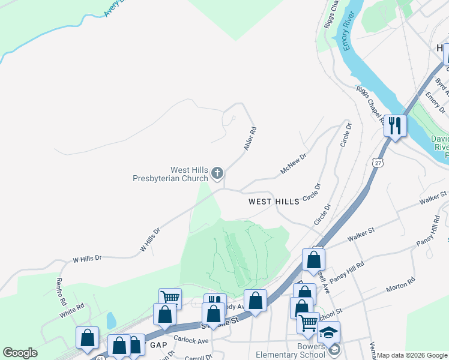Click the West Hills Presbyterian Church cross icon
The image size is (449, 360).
point(217,174)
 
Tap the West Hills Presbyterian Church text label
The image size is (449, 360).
point(170,174)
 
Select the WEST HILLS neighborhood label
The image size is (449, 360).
point(274,202)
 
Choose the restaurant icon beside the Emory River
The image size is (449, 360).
point(394,125)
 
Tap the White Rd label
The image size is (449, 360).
point(72,310)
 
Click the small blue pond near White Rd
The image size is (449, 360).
point(111,320)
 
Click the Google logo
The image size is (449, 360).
point(20,353)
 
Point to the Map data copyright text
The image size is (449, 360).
point(412,355)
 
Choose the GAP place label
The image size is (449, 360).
point(158,345)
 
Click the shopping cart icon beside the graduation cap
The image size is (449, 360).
point(308,322)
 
